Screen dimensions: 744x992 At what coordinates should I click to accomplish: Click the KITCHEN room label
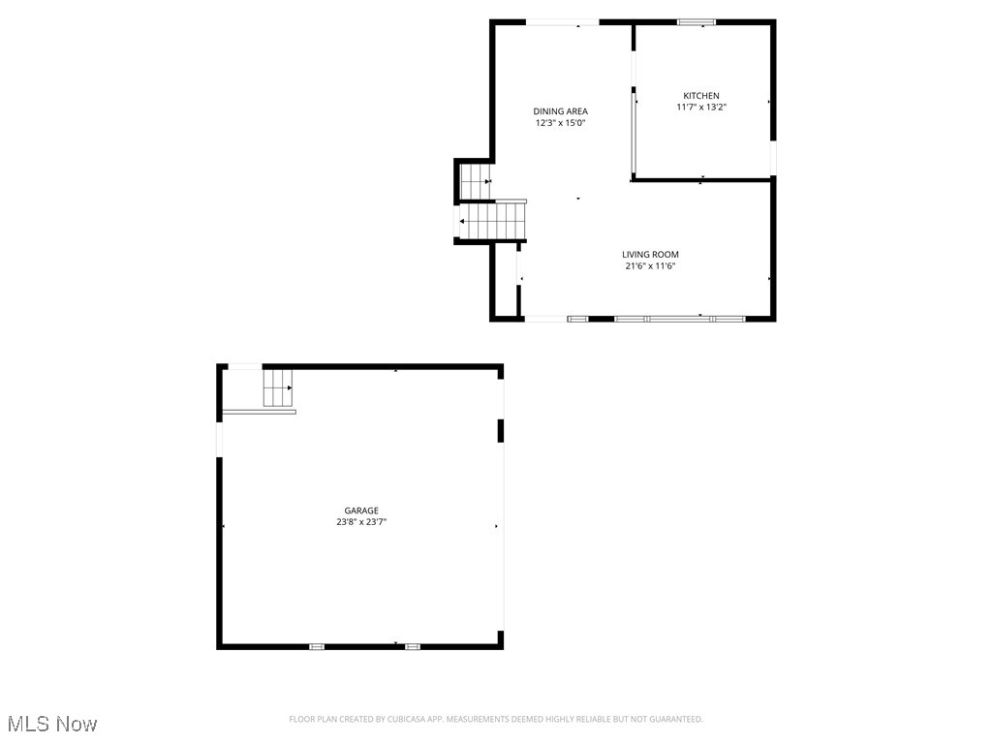[701, 96]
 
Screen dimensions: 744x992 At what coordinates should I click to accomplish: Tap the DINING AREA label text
[560, 111]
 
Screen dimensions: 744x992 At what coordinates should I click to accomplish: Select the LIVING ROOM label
[650, 255]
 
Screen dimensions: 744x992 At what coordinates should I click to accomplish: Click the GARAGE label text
[361, 511]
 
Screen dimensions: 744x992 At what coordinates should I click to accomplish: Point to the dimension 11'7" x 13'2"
[701, 108]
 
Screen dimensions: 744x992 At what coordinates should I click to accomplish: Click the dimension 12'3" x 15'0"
[560, 123]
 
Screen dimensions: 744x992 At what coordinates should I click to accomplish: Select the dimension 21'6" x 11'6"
[650, 265]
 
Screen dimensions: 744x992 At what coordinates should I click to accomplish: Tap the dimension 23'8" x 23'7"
[361, 522]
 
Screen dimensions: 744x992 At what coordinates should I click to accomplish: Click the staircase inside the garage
[277, 387]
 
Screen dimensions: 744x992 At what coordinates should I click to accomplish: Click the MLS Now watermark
[52, 724]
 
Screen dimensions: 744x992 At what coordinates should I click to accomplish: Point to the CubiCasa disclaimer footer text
[496, 719]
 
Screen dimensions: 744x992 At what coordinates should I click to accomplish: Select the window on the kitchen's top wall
[697, 22]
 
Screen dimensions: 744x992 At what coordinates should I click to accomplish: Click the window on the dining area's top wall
[562, 22]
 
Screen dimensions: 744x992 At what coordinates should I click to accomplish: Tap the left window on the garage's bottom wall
[317, 646]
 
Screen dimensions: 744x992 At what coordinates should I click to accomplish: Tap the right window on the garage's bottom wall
[413, 646]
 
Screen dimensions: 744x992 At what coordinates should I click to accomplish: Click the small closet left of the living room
[506, 280]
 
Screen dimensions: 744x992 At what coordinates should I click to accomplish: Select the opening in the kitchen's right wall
[772, 158]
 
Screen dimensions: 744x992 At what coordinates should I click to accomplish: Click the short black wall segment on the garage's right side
[501, 430]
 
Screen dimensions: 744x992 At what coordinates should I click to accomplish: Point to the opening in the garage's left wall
[219, 439]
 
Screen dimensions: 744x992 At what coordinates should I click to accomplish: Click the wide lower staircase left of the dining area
[493, 221]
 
